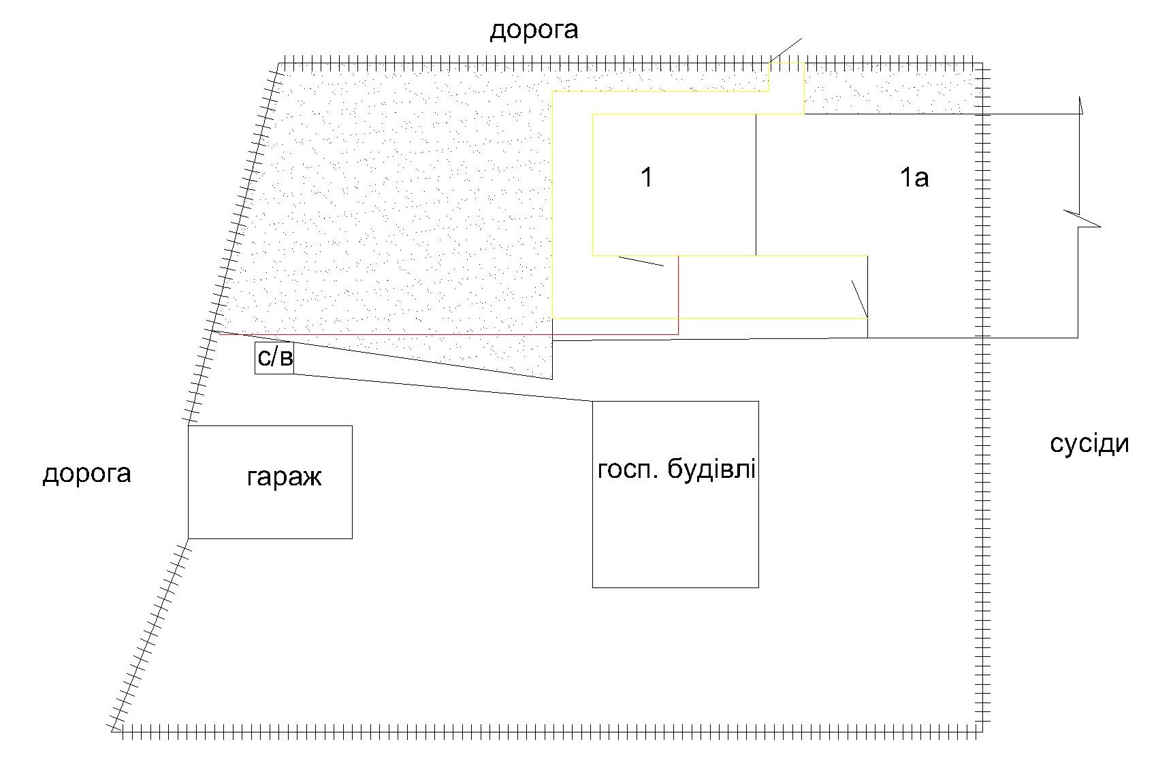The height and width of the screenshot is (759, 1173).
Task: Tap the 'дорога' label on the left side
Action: pos(86,474)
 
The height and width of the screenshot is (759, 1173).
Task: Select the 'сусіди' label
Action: pos(1089,444)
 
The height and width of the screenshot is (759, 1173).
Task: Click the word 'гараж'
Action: pos(284,478)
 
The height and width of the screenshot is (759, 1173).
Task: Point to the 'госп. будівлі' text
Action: pos(676,470)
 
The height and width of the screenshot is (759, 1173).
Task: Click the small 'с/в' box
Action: pos(274,358)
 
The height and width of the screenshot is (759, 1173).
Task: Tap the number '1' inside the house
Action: pos(647,178)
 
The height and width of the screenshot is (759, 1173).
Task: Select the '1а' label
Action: pos(914,178)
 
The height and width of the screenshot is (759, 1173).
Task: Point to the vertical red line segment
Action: pos(679,295)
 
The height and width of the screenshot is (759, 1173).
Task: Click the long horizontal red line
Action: pos(446,334)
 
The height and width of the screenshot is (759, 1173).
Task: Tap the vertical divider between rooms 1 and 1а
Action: pos(756,184)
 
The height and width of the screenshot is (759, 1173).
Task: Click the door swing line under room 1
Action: pos(641,261)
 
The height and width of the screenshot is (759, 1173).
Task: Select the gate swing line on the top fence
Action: pos(786,51)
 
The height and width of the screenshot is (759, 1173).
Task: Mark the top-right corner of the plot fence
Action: pos(982,65)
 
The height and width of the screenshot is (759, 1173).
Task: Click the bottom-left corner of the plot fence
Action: pos(114,731)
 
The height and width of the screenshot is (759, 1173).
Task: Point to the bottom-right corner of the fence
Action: pos(982,731)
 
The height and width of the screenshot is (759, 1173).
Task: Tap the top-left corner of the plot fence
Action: pos(279,65)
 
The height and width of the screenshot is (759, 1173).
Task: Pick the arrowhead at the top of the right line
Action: pos(1080,106)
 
